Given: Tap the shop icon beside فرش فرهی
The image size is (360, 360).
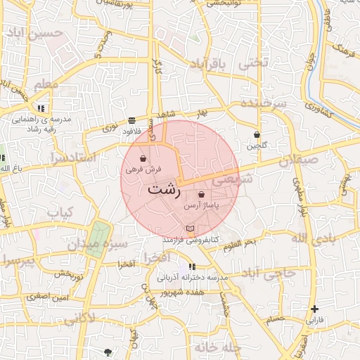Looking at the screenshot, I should click(x=143, y=158).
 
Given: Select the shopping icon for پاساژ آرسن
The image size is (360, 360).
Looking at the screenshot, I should click(x=202, y=195).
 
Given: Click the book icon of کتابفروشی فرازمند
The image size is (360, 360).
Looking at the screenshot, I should click(x=189, y=229).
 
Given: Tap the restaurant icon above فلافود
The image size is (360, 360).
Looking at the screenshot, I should click(x=132, y=120).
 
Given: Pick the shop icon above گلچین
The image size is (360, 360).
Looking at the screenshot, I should click(x=257, y=134).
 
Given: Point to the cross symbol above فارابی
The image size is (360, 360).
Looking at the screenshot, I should click(x=314, y=309).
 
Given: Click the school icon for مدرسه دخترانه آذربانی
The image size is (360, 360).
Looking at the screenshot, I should click(x=193, y=267).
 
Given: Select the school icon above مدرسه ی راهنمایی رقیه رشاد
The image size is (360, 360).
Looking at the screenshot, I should click(x=41, y=108).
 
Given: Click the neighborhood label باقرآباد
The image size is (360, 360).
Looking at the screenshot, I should click(x=210, y=65).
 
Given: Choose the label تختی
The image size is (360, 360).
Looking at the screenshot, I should click(x=253, y=63).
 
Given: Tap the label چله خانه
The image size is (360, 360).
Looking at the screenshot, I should click(x=218, y=347).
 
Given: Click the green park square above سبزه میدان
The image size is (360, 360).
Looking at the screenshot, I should click(x=98, y=233).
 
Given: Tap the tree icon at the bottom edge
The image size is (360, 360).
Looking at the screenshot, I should click(x=108, y=352).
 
